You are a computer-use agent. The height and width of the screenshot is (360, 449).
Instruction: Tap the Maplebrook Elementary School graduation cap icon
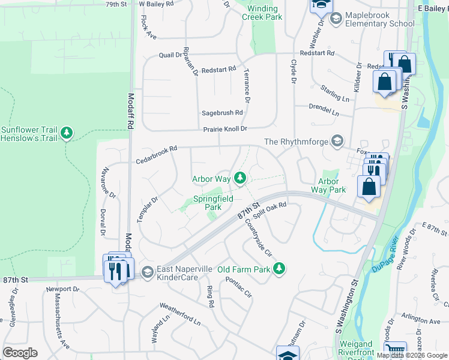point(336,19)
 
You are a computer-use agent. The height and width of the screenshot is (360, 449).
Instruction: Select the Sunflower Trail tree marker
point(67,133)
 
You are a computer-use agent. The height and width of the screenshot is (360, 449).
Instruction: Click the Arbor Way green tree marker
point(240,178)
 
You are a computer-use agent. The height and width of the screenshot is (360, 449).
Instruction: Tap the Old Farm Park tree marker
point(279,269)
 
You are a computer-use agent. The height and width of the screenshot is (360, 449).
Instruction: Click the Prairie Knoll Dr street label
point(224,128)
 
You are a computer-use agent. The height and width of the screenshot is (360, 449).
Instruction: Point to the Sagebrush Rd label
point(222,112)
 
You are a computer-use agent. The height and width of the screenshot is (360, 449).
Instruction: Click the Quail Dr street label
point(170,55)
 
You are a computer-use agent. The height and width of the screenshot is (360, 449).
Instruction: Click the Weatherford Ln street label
point(179,313)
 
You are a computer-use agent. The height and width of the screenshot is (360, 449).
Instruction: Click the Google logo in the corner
point(20,353)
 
